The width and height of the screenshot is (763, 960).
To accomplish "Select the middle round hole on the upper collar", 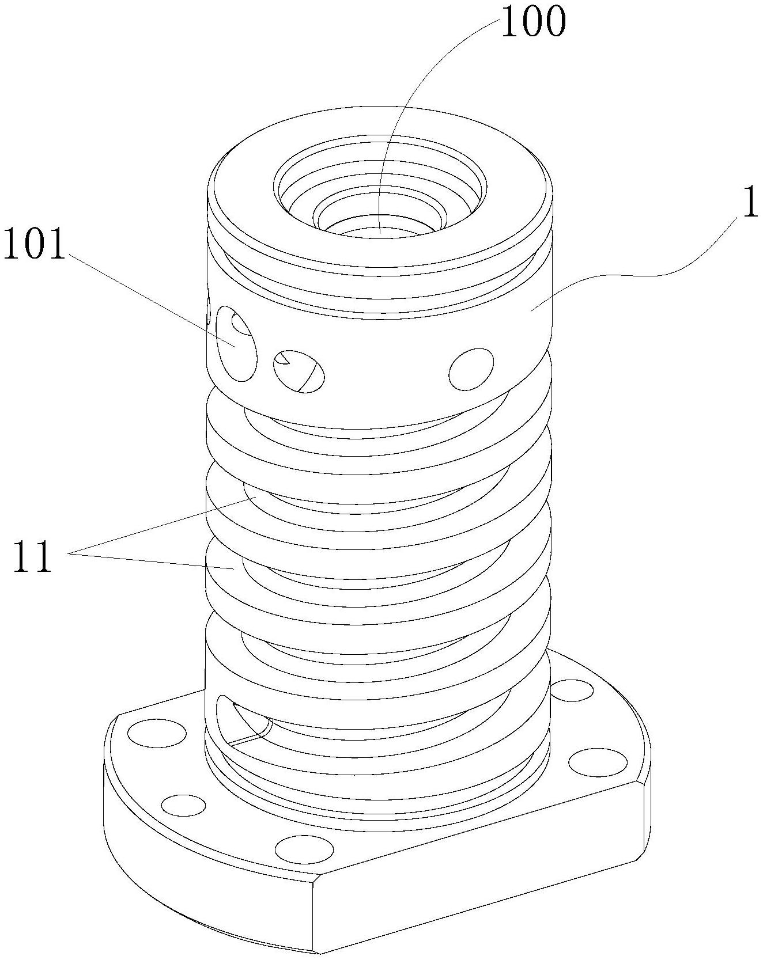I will point(299,371).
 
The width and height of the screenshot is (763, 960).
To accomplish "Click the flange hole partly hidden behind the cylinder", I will point(571,689).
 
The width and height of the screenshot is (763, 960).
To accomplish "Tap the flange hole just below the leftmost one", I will point(183,804).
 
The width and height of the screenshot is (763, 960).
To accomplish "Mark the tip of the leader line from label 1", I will point(531,310).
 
